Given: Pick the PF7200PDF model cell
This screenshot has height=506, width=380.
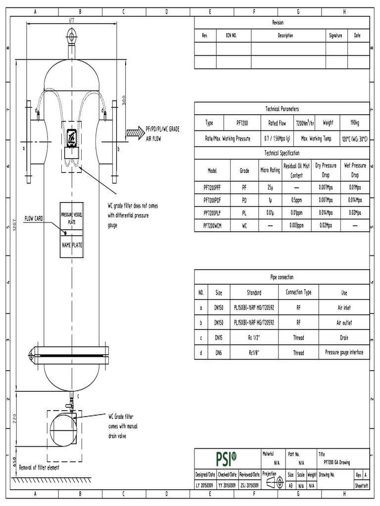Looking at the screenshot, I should (x=212, y=200).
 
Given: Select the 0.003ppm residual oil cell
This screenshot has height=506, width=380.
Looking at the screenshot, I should (x=296, y=225).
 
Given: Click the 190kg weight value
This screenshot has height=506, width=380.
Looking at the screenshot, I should (x=354, y=123).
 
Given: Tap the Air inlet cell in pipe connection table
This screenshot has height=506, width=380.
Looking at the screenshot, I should (x=344, y=308).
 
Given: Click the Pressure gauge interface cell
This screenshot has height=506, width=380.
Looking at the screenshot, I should (x=344, y=353).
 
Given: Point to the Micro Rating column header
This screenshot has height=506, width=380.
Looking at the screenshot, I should (x=270, y=170).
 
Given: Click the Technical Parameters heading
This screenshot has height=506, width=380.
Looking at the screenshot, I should (x=282, y=109).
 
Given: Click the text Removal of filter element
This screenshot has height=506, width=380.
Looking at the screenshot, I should (x=39, y=467).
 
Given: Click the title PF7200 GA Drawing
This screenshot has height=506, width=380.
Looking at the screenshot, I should (x=336, y=463).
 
